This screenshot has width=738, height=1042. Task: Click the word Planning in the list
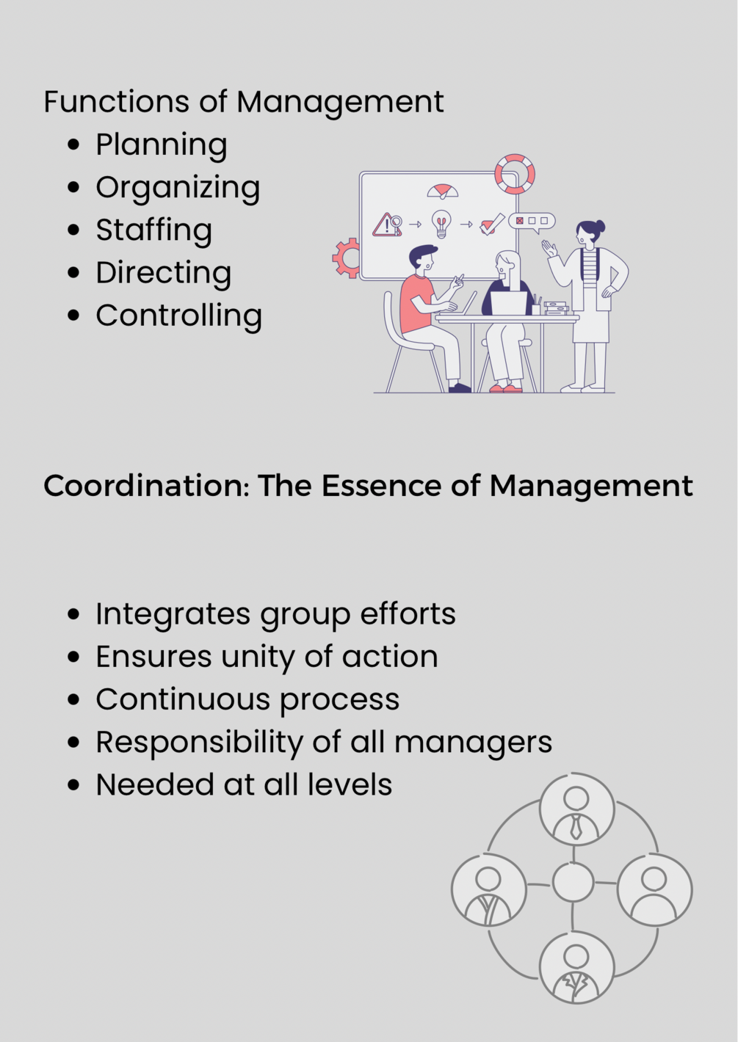coord(161,145)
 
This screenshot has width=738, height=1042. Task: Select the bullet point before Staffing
coord(73,230)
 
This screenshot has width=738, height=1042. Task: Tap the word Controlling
coord(178,316)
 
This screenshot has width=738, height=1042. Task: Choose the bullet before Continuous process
coord(73,699)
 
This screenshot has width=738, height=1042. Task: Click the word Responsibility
coord(198,742)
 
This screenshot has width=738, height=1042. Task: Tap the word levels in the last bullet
coord(350,784)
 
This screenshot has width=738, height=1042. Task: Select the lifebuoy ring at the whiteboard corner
coord(514,174)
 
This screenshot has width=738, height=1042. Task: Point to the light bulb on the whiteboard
coord(441,223)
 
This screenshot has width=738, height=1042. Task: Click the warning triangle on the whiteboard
coord(385,225)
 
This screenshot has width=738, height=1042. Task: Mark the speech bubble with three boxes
coord(532,221)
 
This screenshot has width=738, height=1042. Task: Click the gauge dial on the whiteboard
coord(443,192)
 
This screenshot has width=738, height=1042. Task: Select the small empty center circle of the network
coord(573,882)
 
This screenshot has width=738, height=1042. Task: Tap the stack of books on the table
coord(556,308)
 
